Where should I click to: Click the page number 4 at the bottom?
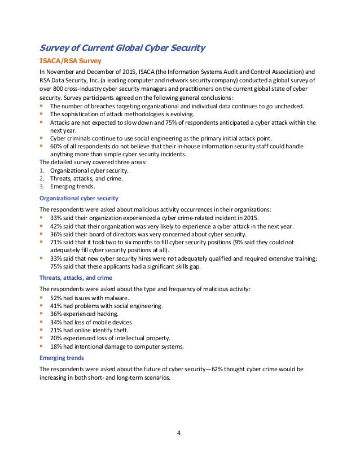[180, 433]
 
